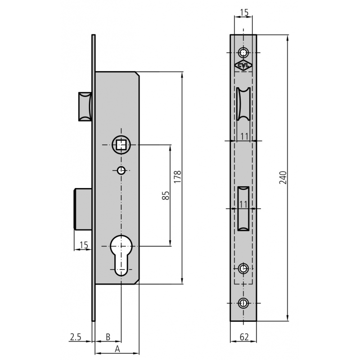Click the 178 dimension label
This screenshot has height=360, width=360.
tap(177, 176)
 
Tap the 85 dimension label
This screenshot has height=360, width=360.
tap(166, 195)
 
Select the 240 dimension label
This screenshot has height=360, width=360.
tap(283, 177)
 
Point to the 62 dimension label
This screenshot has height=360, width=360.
tap(244, 337)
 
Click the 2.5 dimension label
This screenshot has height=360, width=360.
tap(76, 337)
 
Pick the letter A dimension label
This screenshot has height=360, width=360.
tap(117, 349)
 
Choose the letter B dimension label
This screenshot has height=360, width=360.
tap(108, 337)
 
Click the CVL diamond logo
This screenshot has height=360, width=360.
tap(243, 65)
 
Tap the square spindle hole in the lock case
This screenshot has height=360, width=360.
tap(121, 145)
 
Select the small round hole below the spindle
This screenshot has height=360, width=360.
tap(121, 171)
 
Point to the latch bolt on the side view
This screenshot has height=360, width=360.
tap(85, 106)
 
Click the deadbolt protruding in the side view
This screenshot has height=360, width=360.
tap(83, 208)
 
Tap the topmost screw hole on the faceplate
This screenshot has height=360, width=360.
tap(243, 53)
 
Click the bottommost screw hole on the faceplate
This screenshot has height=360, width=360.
tap(243, 303)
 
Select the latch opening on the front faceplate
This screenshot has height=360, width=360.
tap(243, 103)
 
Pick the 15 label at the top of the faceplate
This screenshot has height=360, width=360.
tap(244, 13)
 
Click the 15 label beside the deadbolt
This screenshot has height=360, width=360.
tap(84, 245)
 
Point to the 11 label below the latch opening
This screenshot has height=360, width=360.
tap(244, 136)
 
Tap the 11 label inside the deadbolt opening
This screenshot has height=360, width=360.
tap(243, 204)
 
